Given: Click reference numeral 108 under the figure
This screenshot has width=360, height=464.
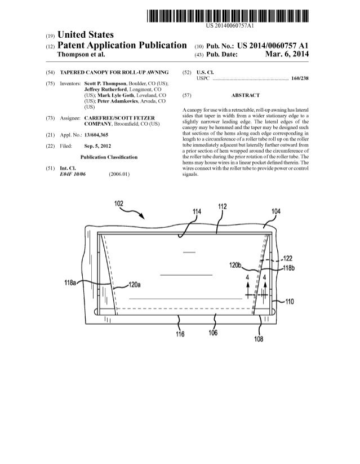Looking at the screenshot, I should point(259,339).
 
